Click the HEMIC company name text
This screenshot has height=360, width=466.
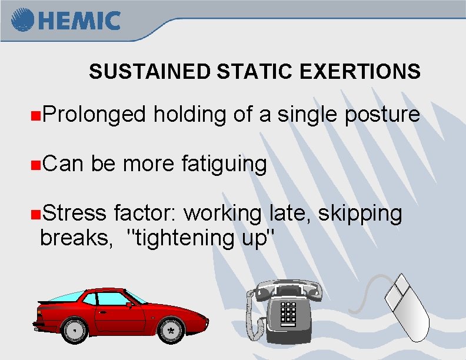point(80,21)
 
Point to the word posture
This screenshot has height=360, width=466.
point(382,115)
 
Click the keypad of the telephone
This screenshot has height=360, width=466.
point(288,314)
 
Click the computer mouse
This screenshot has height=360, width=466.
point(405,309)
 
